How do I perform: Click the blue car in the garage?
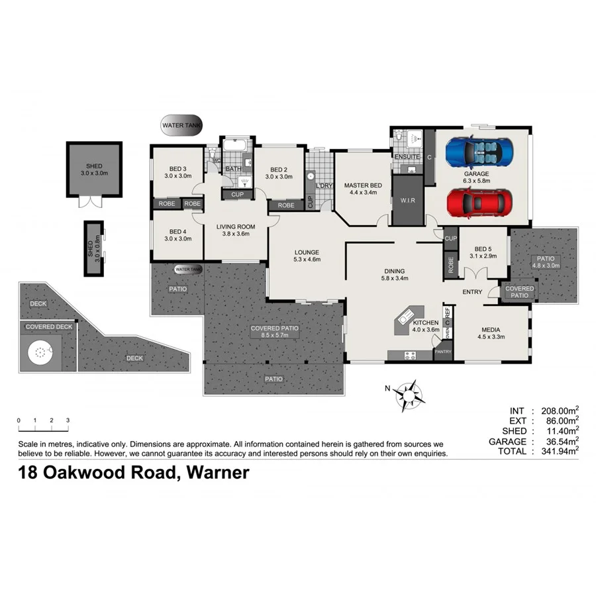tap(478, 152)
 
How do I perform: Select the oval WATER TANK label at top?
tap(181, 124)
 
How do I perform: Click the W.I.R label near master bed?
tap(407, 201)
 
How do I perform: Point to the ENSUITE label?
tap(407, 157)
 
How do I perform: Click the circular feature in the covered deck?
tap(40, 352)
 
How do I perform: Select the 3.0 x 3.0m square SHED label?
tap(94, 169)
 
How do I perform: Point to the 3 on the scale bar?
tap(68, 421)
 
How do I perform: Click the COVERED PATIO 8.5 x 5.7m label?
tap(274, 332)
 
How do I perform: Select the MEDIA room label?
tap(490, 333)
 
